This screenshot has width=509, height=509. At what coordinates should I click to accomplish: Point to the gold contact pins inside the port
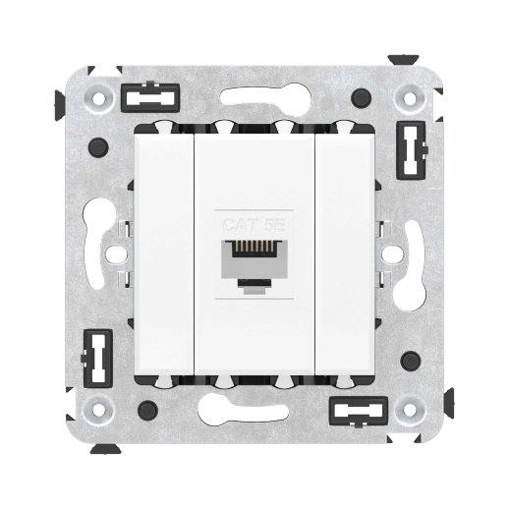click(x=254, y=253)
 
